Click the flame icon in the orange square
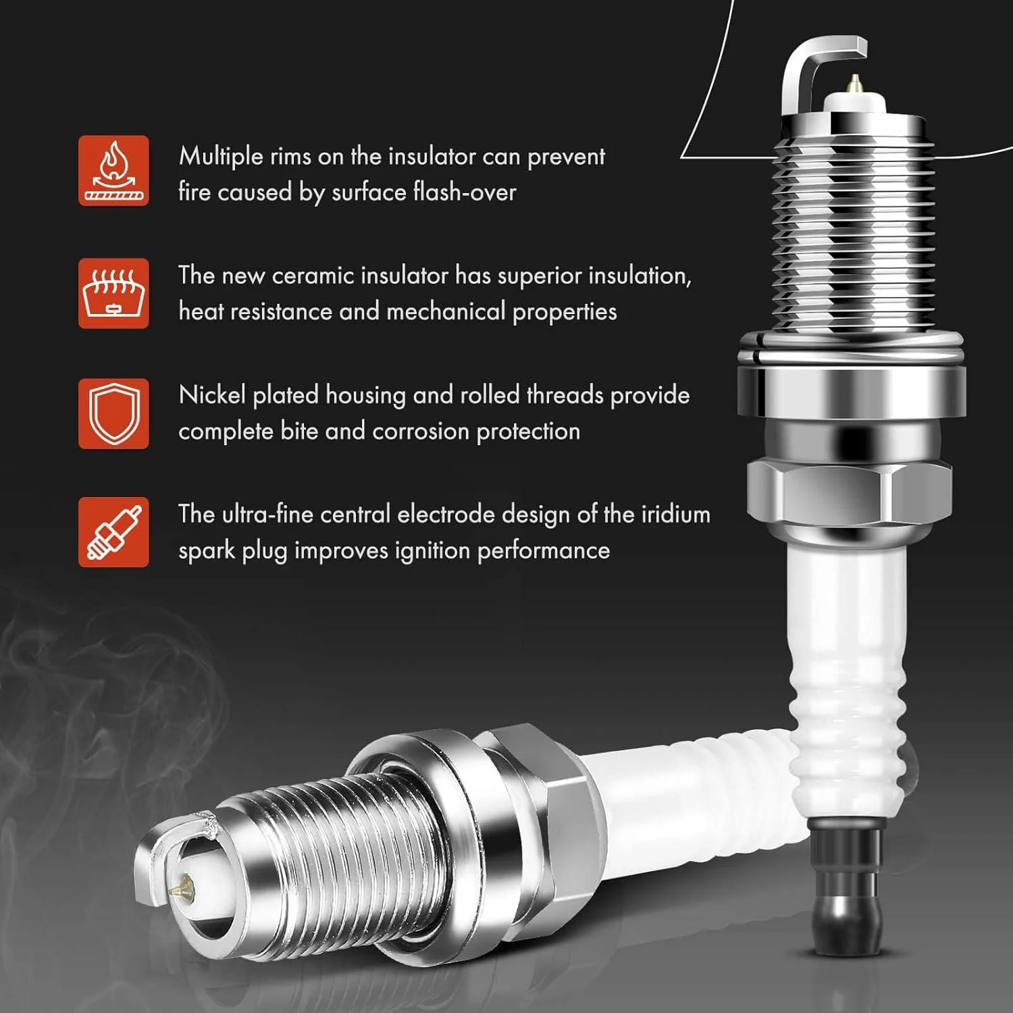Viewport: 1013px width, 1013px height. tap(113, 170)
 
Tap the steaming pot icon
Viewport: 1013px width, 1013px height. tap(113, 293)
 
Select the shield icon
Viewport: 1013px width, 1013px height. tap(113, 413)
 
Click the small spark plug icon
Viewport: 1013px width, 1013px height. tap(113, 532)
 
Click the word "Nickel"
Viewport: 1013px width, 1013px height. tap(212, 395)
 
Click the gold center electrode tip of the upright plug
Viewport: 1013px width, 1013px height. tap(854, 84)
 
